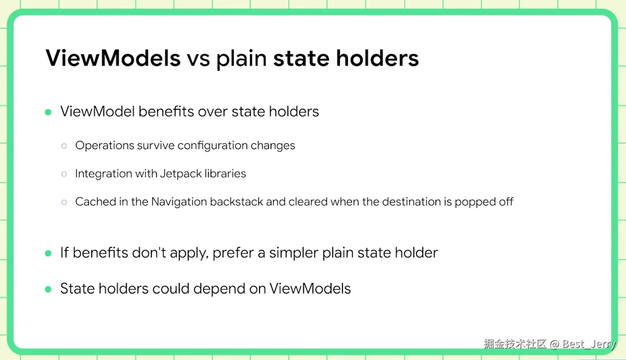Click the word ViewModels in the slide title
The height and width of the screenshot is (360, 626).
coord(113,58)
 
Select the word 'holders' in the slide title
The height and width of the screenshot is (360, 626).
coord(377,58)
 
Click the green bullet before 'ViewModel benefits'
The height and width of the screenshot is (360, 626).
coord(48,112)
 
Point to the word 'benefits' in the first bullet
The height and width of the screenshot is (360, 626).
coord(166,111)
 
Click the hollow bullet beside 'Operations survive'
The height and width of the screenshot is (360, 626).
coord(64,146)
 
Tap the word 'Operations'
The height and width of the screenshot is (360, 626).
coord(105,146)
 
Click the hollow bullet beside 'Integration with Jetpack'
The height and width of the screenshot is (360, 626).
coord(64,174)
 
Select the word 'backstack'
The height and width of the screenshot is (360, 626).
coord(236,201)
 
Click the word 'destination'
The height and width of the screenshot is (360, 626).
coord(411,201)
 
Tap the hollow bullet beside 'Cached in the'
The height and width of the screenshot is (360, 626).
coord(64,202)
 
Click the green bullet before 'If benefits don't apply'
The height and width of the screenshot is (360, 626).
coord(48,253)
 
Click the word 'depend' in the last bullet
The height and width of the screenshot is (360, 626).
coord(219,289)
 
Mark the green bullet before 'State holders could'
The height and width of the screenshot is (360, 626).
coord(48,289)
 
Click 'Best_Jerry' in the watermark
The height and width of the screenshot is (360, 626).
coord(589,344)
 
